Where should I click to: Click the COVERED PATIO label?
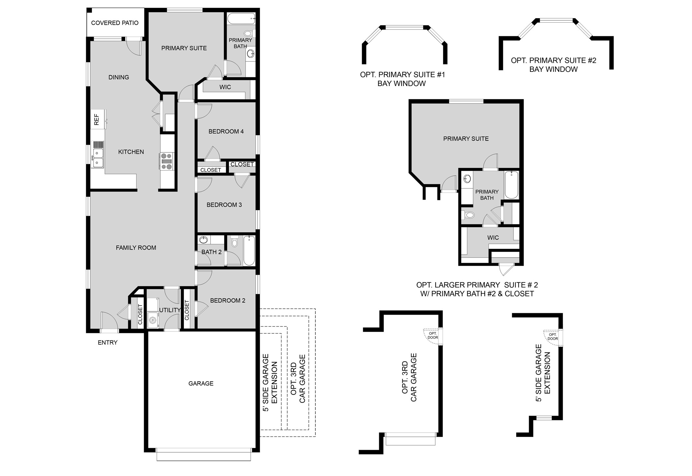(x=115, y=23)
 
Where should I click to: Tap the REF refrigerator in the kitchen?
(x=97, y=119)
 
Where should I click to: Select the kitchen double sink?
(x=97, y=158)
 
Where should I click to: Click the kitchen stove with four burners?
(x=167, y=161)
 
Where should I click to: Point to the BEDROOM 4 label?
(x=226, y=131)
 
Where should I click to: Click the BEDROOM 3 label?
(x=224, y=205)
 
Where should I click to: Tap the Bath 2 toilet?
(x=234, y=241)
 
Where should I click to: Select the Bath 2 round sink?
(x=203, y=240)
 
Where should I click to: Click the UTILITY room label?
(x=170, y=310)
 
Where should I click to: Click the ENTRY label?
(x=108, y=342)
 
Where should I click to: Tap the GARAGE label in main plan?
(x=201, y=383)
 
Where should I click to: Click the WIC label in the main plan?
(x=225, y=87)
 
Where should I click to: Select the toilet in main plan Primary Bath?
(x=248, y=33)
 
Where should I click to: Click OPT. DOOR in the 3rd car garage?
(x=433, y=336)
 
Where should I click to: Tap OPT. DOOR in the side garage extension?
(x=553, y=337)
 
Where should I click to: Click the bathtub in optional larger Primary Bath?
(x=511, y=185)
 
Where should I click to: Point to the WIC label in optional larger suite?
(x=493, y=238)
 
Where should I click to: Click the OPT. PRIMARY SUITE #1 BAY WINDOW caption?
(x=402, y=79)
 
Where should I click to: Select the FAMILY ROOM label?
(x=136, y=248)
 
